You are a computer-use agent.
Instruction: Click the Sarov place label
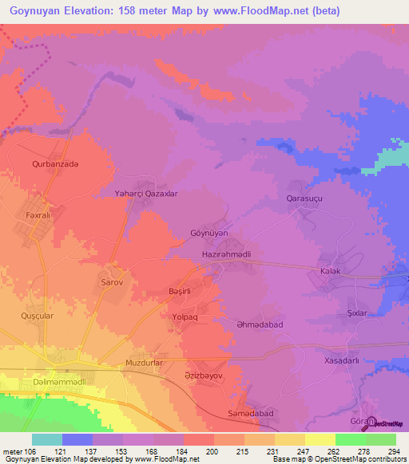click(x=110, y=282)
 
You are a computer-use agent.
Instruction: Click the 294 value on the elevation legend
click(x=392, y=451)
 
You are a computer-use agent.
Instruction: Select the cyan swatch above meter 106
click(x=46, y=439)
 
